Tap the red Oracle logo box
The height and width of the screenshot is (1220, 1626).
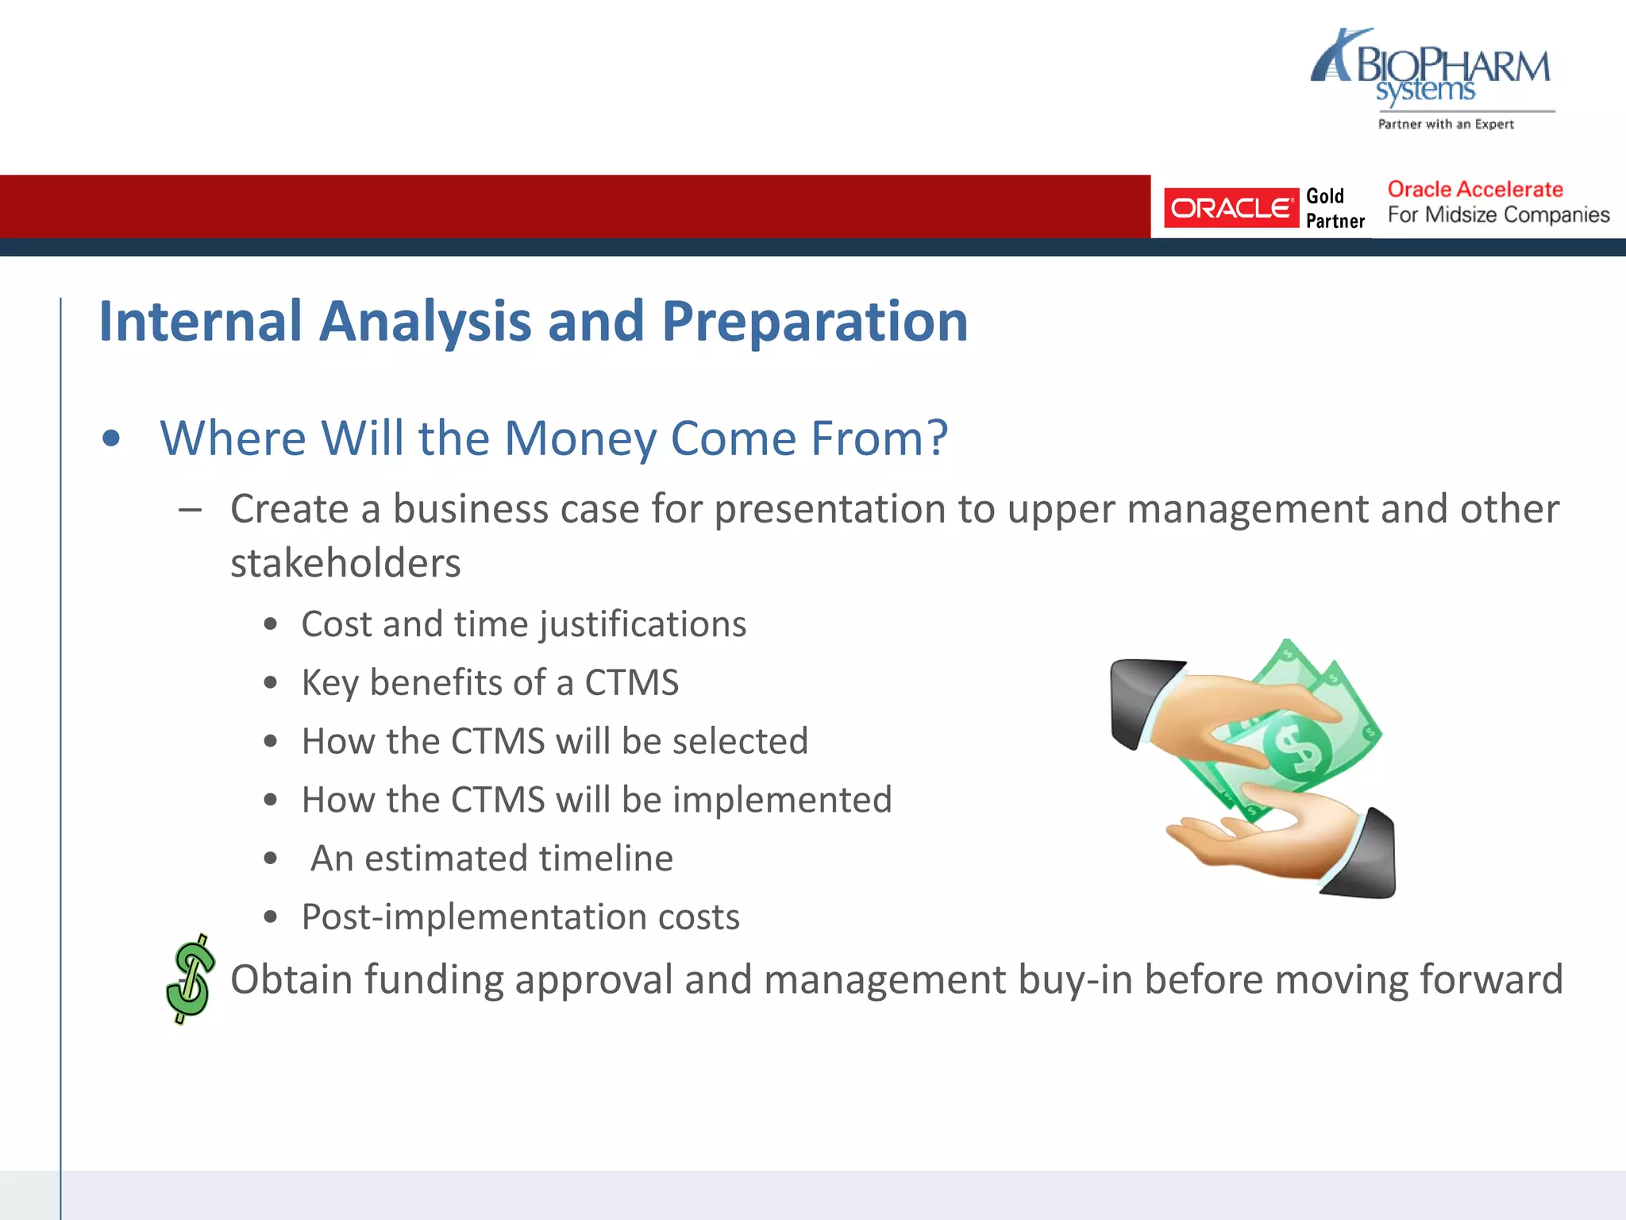[x=1231, y=208]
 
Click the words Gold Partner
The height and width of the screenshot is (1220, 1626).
[x=1335, y=208]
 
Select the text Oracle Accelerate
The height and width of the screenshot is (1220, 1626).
[x=1474, y=190]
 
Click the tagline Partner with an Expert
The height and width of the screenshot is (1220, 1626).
[x=1445, y=125]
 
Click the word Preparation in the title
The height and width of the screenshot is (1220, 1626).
[x=814, y=322]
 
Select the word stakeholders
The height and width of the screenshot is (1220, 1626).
[x=345, y=564]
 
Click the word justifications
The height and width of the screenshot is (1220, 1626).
[x=643, y=625]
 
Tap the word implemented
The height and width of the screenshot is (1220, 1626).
[x=781, y=800]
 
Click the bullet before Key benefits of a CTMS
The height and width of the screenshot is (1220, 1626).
[x=271, y=683]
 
